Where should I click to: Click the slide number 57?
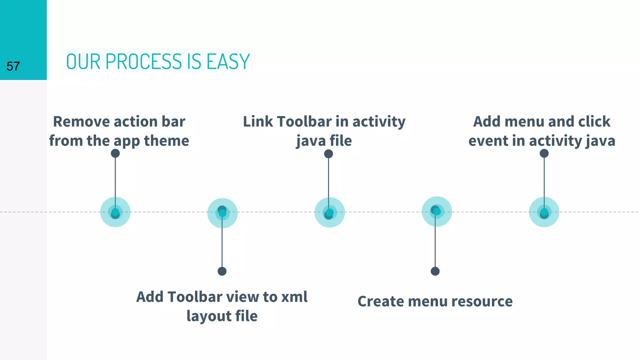click(13, 66)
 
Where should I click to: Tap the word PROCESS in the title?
click(144, 62)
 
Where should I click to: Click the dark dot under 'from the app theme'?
click(115, 153)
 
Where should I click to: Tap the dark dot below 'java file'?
click(328, 154)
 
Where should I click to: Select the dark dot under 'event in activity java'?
click(544, 153)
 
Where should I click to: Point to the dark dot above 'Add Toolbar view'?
click(222, 271)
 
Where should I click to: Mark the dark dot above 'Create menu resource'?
click(435, 271)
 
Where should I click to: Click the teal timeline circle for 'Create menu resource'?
click(437, 212)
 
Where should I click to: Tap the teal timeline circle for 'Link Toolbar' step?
click(330, 212)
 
